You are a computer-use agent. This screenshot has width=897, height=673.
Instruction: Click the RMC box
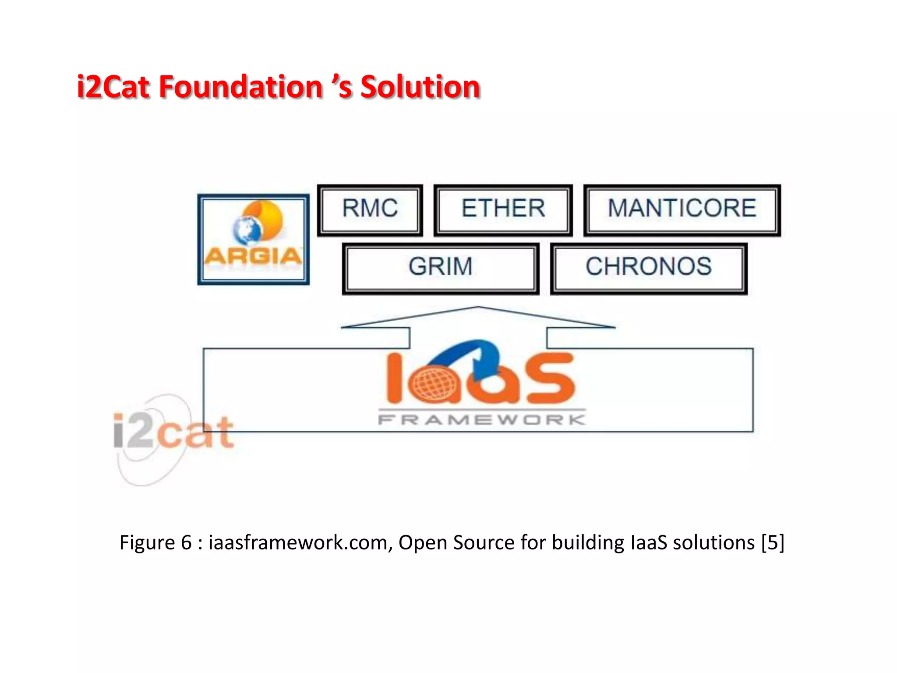pyautogui.click(x=370, y=209)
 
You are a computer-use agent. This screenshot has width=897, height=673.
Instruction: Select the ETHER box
pyautogui.click(x=503, y=209)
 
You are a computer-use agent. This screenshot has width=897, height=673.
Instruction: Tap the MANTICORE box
pyautogui.click(x=682, y=209)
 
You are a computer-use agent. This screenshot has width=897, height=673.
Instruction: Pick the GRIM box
pyautogui.click(x=441, y=267)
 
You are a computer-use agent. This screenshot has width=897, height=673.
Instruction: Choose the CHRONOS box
pyautogui.click(x=649, y=267)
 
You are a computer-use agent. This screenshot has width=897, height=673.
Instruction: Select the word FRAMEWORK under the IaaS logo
pyautogui.click(x=482, y=420)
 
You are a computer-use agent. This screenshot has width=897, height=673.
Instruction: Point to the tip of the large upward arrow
pyautogui.click(x=478, y=308)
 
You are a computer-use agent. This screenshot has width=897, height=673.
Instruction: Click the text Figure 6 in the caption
pyautogui.click(x=155, y=542)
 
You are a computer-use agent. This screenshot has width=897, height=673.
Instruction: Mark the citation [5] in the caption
pyautogui.click(x=773, y=542)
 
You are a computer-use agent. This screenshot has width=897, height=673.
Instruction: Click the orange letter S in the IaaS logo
pyautogui.click(x=551, y=379)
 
